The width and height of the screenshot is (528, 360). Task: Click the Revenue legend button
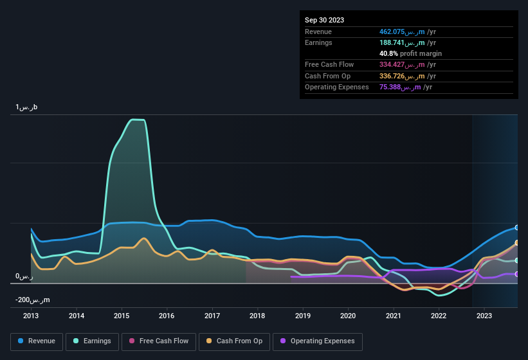tap(37, 341)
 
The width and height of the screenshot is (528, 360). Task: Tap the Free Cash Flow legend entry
tap(158, 341)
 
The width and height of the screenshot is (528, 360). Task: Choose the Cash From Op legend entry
tap(235, 341)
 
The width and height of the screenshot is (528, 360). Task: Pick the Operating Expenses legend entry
tap(318, 341)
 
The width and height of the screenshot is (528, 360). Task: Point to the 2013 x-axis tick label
tap(31, 316)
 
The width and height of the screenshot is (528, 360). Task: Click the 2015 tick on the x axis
tap(122, 316)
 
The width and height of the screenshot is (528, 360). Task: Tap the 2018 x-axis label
tap(257, 316)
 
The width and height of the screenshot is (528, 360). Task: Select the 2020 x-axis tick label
tap(348, 316)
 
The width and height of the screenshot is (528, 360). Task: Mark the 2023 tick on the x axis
tap(484, 316)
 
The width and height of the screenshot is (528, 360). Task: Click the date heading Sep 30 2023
tap(324, 20)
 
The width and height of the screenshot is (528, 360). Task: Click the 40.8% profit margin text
tap(410, 53)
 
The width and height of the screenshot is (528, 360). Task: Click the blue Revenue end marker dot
tap(516, 228)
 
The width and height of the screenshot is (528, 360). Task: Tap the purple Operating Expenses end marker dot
tap(516, 274)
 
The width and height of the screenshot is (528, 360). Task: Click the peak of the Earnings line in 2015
tap(136, 120)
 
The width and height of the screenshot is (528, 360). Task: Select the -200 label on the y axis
tap(33, 300)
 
